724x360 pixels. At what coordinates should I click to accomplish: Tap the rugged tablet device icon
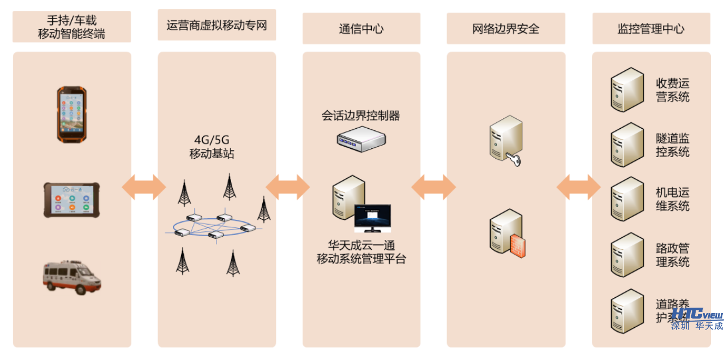(x=71, y=200)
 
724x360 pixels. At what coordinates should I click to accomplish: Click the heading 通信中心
(x=361, y=29)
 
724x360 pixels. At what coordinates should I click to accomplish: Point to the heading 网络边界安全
(x=505, y=29)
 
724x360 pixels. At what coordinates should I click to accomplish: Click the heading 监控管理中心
(x=650, y=29)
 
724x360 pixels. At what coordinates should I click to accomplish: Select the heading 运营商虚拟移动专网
(x=216, y=25)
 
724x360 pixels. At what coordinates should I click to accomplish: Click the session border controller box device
(x=361, y=139)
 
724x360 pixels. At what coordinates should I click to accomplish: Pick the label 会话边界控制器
(x=361, y=116)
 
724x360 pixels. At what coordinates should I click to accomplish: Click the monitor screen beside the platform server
(x=372, y=218)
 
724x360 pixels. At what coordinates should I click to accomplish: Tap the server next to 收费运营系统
(x=626, y=90)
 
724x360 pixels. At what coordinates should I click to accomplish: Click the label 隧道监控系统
(x=672, y=145)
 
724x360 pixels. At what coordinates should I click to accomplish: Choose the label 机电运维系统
(x=672, y=199)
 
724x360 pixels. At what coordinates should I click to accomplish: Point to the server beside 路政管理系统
(x=626, y=255)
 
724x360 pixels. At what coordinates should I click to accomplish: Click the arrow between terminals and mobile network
(x=144, y=187)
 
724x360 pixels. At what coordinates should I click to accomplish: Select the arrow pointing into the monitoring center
(x=578, y=187)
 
